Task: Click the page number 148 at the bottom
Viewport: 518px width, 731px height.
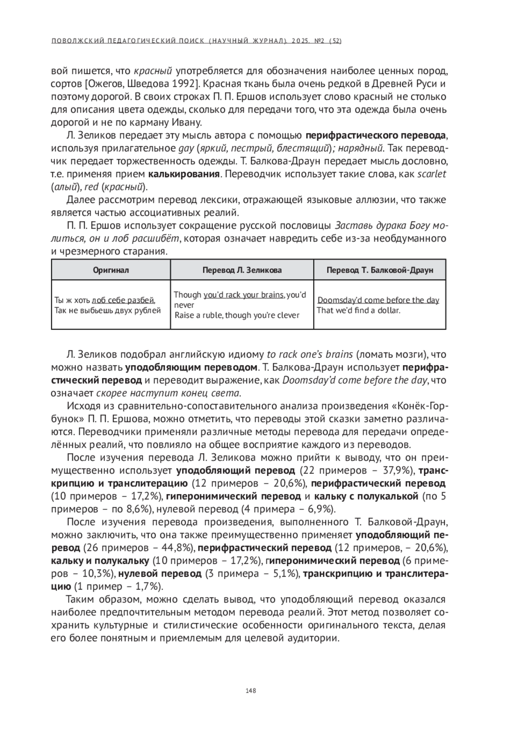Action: coord(251,690)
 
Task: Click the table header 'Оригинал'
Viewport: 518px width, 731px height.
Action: coord(111,270)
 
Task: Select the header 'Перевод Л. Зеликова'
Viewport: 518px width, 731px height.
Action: coord(242,270)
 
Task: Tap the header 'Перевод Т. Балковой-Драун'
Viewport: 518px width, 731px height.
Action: coord(379,270)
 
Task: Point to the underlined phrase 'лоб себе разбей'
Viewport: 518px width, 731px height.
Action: coord(123,300)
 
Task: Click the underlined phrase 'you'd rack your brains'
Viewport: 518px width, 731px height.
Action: coord(243,295)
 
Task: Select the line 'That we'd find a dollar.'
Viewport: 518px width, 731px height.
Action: coord(359,310)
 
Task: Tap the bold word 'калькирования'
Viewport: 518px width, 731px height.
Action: coord(184,174)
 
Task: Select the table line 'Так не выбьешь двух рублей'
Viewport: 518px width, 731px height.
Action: coord(107,310)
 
